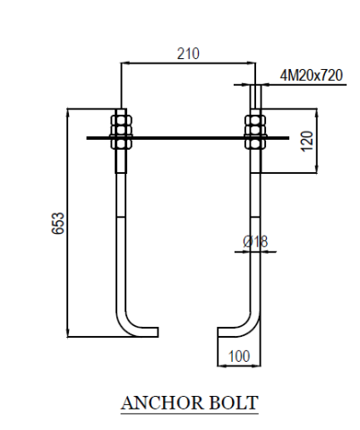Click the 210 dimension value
tap(188, 54)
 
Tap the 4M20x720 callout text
tap(311, 75)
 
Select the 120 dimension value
tap(307, 142)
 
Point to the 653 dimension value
tap(58, 223)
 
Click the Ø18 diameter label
tap(255, 241)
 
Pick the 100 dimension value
tap(239, 357)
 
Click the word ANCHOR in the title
tap(162, 403)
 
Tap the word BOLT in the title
tap(234, 403)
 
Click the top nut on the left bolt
tap(121, 120)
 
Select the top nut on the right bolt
tap(255, 120)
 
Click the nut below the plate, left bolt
tap(121, 144)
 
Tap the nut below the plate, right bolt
tap(255, 144)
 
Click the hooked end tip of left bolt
tap(158, 332)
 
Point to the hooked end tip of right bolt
tap(219, 332)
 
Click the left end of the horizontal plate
tap(87, 138)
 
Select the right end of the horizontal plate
tap(288, 138)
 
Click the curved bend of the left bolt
tap(125, 325)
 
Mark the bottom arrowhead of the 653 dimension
tap(68, 332)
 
